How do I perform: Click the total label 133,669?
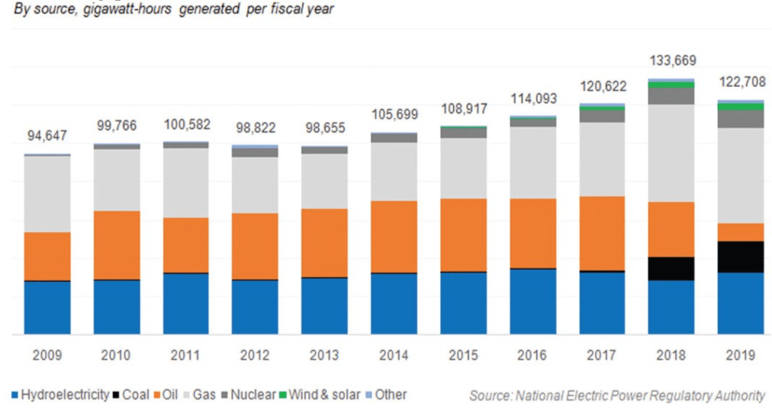(671, 60)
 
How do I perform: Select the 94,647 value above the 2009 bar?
(47, 137)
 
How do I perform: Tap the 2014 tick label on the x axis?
(394, 355)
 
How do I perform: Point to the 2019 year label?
(740, 355)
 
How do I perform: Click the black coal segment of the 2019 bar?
(740, 257)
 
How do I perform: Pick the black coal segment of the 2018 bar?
(671, 268)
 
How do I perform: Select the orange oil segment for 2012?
(255, 246)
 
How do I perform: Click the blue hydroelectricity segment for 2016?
(532, 301)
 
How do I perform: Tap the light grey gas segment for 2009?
(47, 194)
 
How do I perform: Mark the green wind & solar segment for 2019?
(740, 107)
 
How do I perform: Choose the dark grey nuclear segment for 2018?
(671, 96)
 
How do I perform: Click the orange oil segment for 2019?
(740, 232)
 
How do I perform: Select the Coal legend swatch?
(118, 395)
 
